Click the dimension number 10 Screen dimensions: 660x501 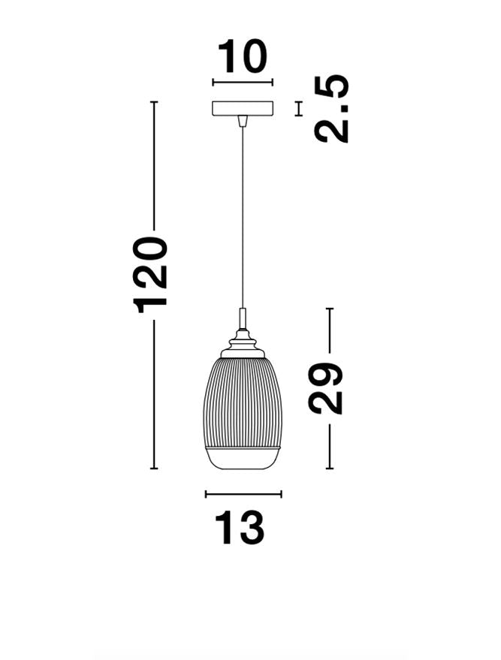(x=242, y=56)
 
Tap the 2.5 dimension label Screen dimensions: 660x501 (x=332, y=108)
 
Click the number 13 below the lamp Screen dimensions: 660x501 (x=240, y=528)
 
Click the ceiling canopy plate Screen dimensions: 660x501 (x=243, y=109)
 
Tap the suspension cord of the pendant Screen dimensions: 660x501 (x=242, y=218)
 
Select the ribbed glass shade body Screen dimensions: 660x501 (x=242, y=402)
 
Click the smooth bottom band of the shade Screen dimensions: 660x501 (x=242, y=457)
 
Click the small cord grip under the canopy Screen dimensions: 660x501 (x=242, y=121)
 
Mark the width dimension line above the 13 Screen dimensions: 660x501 (x=243, y=494)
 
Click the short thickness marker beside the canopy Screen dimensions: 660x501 (x=299, y=109)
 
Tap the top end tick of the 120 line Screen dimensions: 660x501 (x=155, y=102)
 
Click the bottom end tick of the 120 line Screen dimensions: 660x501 (x=155, y=469)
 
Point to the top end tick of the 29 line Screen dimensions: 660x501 (x=329, y=309)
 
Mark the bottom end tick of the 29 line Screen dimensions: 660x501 (x=329, y=469)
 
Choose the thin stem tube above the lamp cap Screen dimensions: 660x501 (x=242, y=318)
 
